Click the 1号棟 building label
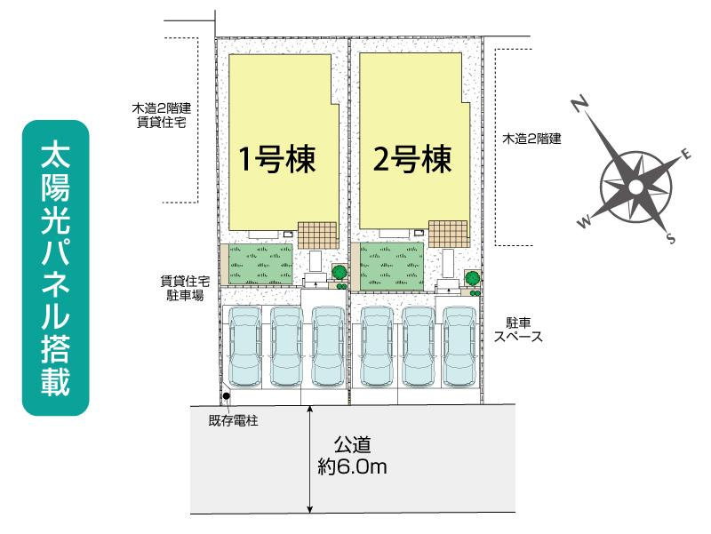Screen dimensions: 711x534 (277, 159)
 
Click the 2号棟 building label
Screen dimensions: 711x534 (412, 159)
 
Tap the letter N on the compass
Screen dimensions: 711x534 (579, 104)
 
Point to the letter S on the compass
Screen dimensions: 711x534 (671, 237)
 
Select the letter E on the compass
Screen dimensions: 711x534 (686, 154)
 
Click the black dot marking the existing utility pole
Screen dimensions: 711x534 (227, 396)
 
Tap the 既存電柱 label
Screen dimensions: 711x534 (233, 420)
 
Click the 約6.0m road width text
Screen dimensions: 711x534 (352, 466)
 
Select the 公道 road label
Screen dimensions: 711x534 (352, 444)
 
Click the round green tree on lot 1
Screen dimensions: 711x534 (340, 272)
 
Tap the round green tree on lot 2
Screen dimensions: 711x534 (473, 277)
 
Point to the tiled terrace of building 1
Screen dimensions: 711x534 (317, 235)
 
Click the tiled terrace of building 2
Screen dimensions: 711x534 (448, 234)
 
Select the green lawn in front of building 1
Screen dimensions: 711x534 (260, 265)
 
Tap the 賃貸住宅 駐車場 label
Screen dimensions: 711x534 (185, 289)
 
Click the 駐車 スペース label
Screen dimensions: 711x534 (518, 330)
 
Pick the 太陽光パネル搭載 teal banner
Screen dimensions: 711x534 (55, 268)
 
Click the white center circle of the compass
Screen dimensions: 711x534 (635, 187)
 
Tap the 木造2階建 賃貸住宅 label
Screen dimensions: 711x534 (162, 116)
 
